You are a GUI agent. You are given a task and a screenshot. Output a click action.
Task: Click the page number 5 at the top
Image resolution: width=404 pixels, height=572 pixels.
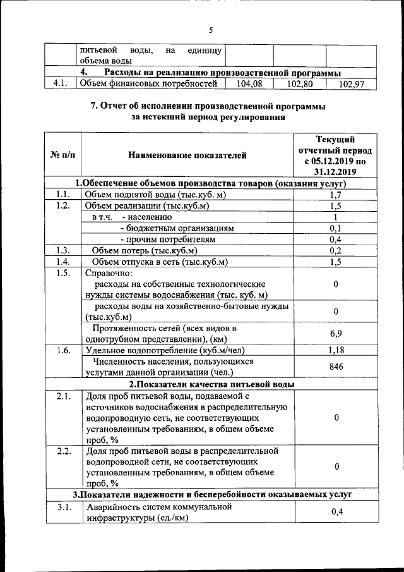[x=211, y=29]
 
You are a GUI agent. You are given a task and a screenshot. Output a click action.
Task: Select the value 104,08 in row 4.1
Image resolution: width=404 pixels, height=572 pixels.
[x=249, y=83]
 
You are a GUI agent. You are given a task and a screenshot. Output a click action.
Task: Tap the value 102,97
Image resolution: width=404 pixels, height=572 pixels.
[x=352, y=83]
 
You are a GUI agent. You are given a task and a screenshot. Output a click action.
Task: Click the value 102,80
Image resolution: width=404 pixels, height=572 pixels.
[x=299, y=83]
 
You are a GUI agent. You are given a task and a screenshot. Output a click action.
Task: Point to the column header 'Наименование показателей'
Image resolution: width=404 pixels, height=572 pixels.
[x=187, y=155]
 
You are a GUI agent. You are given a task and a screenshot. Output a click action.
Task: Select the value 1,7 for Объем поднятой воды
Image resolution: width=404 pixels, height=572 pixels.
[x=336, y=195]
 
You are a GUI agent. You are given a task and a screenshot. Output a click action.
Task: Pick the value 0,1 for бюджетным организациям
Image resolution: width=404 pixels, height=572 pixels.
[x=336, y=228]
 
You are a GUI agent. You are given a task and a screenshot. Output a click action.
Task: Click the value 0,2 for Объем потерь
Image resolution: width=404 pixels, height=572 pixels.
[x=336, y=251]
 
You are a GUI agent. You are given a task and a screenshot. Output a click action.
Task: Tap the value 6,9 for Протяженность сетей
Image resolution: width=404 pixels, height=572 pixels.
[x=336, y=332]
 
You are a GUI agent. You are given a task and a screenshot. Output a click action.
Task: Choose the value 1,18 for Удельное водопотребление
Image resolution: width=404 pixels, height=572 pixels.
[x=336, y=350]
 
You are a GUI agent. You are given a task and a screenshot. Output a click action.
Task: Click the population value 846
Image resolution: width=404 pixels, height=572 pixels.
[x=336, y=367]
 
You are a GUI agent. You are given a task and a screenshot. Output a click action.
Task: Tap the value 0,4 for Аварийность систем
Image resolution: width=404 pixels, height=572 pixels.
[x=336, y=513]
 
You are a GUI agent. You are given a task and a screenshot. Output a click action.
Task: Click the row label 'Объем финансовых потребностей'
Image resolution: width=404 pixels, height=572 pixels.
[x=151, y=83]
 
